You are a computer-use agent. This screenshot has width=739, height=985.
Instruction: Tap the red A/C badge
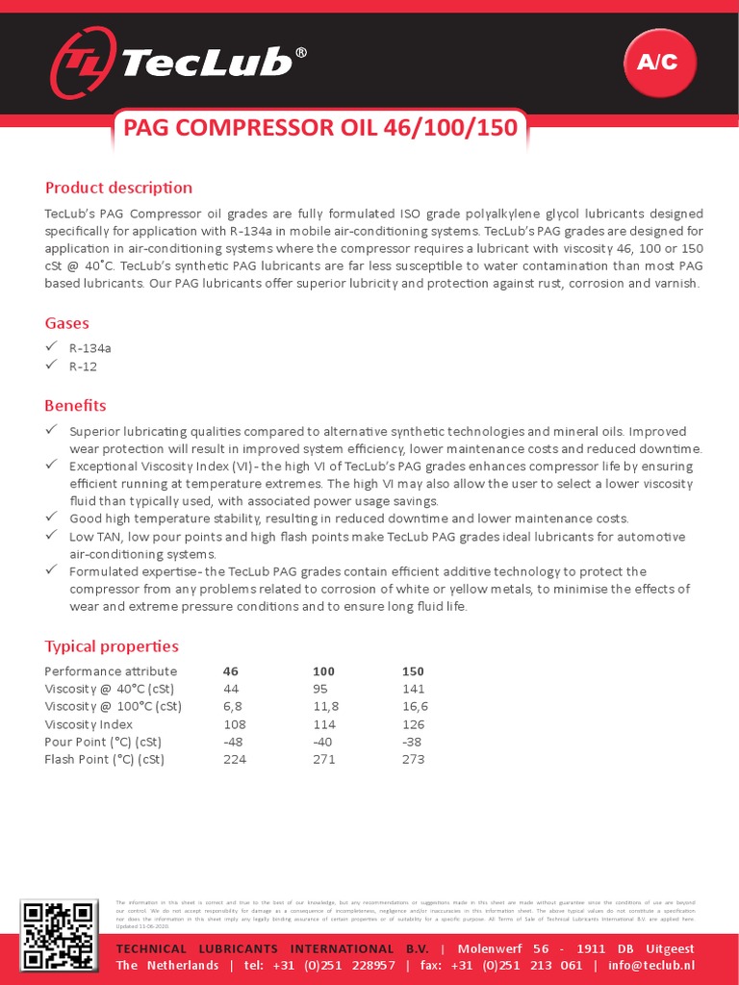point(658,63)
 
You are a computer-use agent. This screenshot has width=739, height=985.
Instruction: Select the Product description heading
point(118,188)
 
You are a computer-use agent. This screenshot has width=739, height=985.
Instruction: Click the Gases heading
point(67,323)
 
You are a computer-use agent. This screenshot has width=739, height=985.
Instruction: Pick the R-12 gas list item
point(83,366)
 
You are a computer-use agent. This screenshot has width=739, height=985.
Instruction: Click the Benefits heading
point(75,405)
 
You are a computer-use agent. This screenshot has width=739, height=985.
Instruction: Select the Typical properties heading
point(112,646)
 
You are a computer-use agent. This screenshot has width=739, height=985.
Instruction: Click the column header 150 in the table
point(413,671)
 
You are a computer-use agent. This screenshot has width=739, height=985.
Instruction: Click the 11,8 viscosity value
point(326,706)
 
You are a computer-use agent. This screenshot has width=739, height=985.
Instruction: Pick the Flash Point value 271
point(324,759)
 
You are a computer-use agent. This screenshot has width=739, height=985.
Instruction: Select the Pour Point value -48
point(234,742)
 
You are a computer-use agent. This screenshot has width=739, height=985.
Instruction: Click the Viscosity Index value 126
point(413,724)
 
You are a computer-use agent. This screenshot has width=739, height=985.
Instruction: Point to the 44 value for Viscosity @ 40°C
point(231,689)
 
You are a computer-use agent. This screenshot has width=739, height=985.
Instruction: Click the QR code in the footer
point(59,936)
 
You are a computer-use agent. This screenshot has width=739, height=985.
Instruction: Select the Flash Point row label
point(104,759)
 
